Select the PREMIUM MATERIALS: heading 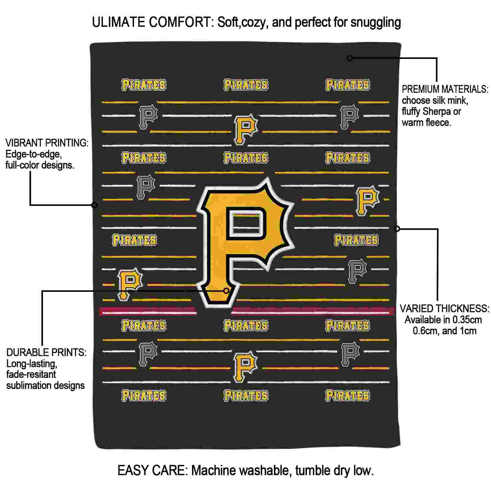click(x=445, y=89)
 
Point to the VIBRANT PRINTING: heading click(x=47, y=143)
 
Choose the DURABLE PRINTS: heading click(x=47, y=352)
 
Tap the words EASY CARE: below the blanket click(x=153, y=470)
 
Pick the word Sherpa click(x=434, y=112)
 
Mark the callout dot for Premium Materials click(x=350, y=58)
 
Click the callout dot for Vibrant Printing click(x=95, y=205)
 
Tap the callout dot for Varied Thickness click(x=397, y=229)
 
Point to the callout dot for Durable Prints click(x=226, y=291)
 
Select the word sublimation click(x=29, y=385)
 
